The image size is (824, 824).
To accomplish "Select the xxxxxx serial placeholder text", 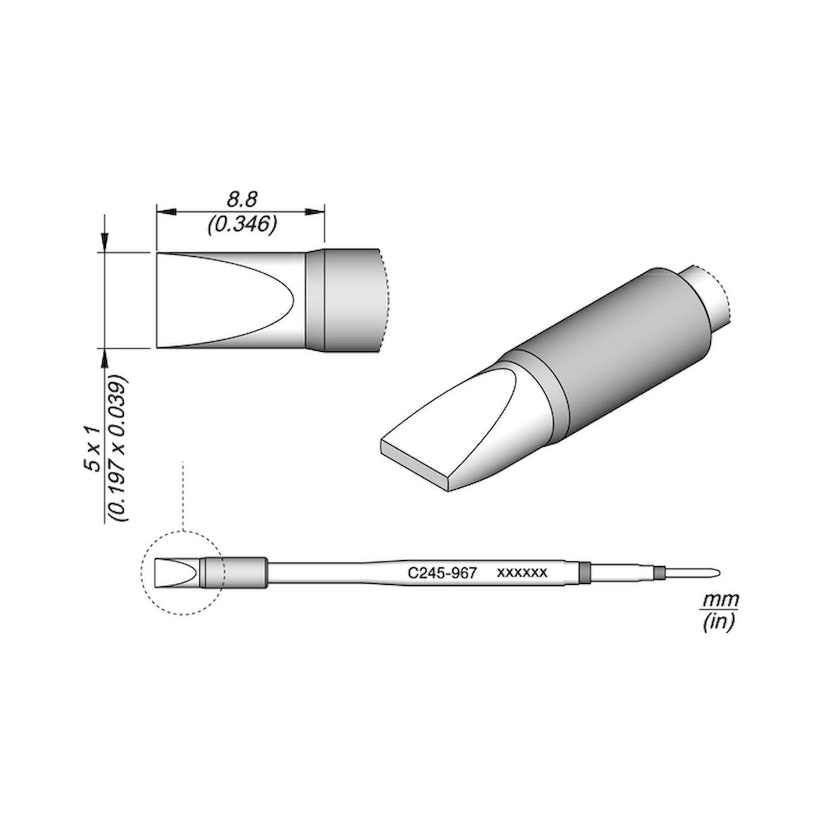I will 522,572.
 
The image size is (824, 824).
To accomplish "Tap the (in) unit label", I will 719,623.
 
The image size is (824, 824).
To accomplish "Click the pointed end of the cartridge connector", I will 718,572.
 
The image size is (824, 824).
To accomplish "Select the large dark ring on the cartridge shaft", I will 584,572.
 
